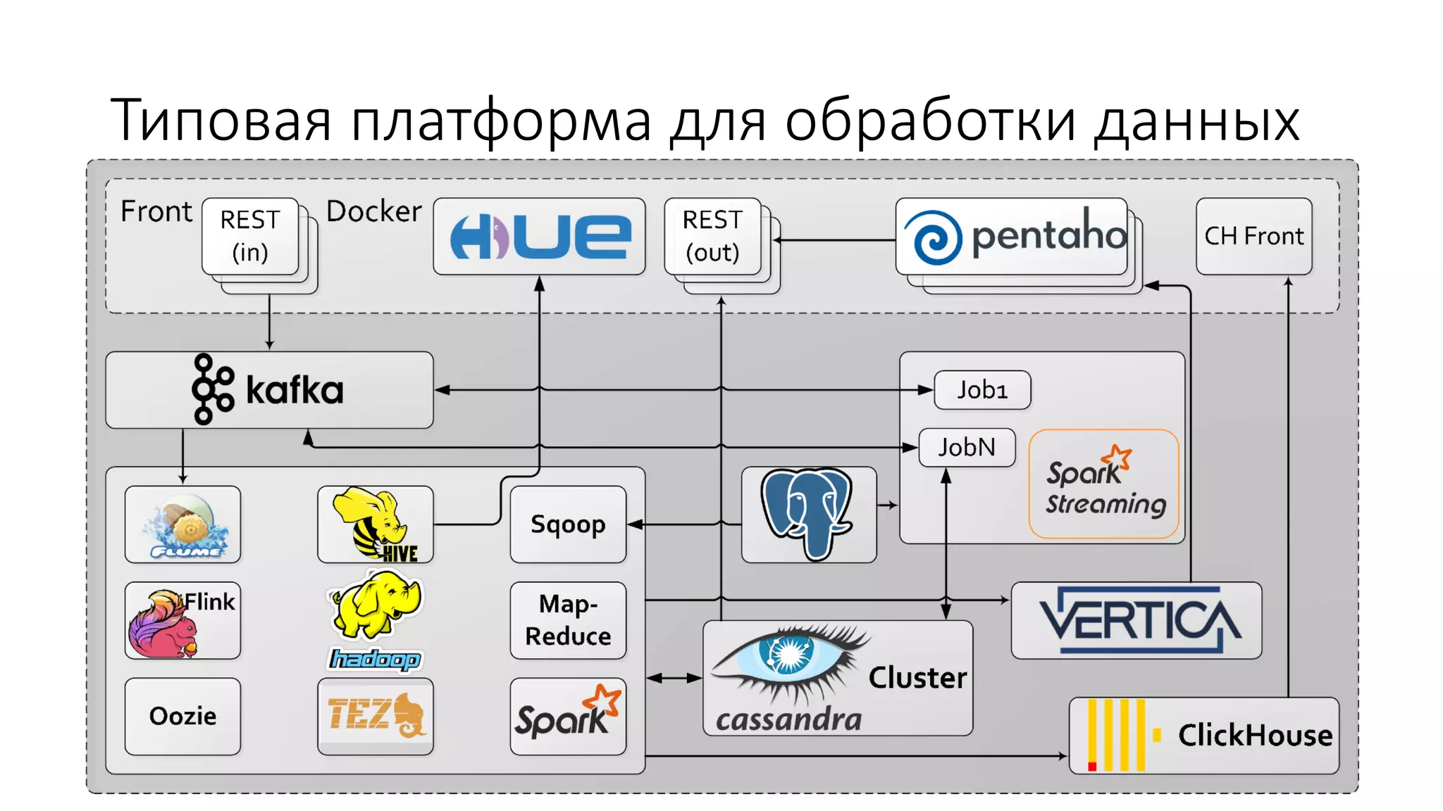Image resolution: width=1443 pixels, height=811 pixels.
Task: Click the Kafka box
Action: [x=269, y=390]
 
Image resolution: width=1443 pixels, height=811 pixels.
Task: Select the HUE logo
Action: [x=539, y=237]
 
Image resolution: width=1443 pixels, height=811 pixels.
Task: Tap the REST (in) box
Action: [x=250, y=237]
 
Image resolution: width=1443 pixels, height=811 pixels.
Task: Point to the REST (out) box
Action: [x=712, y=237]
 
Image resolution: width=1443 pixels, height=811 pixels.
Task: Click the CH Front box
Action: [x=1253, y=237]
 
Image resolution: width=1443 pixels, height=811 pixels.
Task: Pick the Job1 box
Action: [x=981, y=390]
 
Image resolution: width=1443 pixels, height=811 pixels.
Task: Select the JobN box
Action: [x=967, y=447]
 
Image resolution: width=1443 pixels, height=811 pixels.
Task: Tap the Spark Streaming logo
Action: [x=1103, y=484]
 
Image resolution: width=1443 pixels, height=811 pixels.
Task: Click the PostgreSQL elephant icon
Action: [x=808, y=514]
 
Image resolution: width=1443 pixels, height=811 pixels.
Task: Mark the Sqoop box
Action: [x=568, y=524]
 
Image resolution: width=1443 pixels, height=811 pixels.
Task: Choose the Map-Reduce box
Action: [x=568, y=620]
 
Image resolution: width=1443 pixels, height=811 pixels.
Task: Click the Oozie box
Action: [x=182, y=716]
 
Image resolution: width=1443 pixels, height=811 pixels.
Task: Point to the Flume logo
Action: [x=183, y=524]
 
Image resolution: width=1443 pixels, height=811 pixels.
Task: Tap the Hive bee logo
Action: [x=375, y=524]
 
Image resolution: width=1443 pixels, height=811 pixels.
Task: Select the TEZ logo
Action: [x=375, y=715]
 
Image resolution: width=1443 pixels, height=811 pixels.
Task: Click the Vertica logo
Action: [x=1136, y=620]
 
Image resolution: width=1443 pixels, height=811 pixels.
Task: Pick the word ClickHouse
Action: [x=1255, y=735]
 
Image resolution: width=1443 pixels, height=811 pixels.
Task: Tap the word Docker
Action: [x=373, y=211]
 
